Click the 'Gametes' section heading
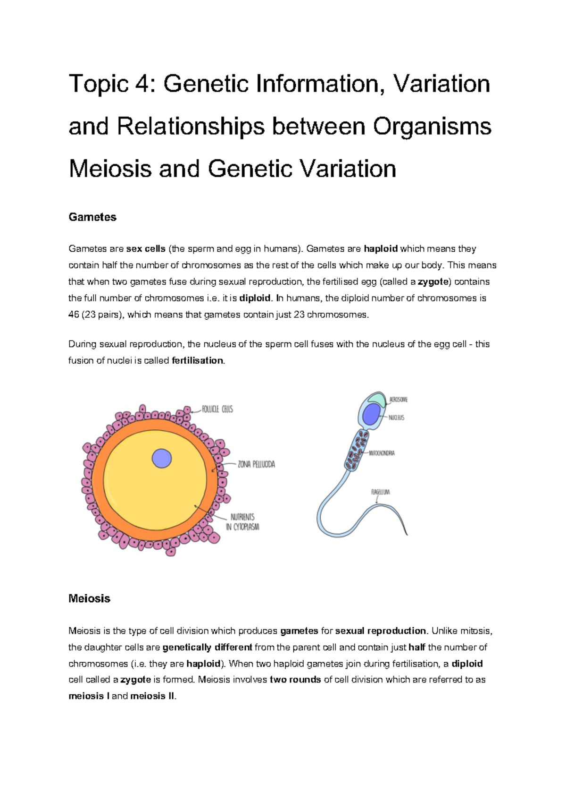click(92, 217)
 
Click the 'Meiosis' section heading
click(89, 599)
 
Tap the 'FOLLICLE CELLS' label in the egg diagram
click(217, 409)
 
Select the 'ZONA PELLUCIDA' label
click(256, 464)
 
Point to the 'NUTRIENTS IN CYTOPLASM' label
click(242, 522)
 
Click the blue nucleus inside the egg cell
click(162, 459)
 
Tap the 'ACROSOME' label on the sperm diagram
click(399, 400)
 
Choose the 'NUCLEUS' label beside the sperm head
click(396, 418)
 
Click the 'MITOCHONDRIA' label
click(382, 453)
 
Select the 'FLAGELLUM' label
click(380, 492)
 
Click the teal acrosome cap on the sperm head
click(377, 398)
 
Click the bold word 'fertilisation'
click(197, 361)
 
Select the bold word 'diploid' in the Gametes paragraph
click(255, 299)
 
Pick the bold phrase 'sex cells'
click(146, 249)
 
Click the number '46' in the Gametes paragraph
click(74, 315)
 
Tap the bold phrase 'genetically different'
click(207, 648)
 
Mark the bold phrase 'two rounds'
click(295, 680)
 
